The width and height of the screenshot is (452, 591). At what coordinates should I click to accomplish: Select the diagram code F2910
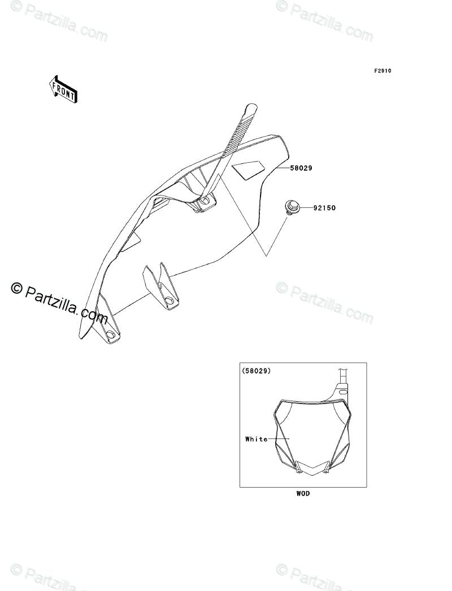pos(383,71)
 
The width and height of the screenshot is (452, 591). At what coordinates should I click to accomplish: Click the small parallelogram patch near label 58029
pos(249,169)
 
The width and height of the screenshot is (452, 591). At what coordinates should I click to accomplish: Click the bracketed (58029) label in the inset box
pos(256,371)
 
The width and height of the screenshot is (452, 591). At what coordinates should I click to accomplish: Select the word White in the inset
pos(257,439)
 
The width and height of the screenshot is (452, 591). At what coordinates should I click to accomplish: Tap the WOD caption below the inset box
pos(303,493)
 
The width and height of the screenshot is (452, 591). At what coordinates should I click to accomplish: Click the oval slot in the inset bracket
pos(342,390)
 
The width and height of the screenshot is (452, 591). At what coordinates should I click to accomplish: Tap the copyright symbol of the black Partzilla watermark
pos(16,289)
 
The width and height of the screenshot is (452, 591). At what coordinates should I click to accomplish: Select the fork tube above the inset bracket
pos(342,375)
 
